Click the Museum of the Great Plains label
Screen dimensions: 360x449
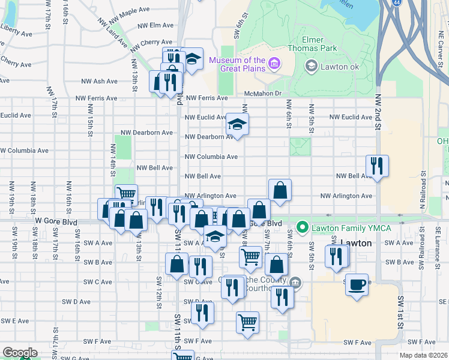[x=237, y=64]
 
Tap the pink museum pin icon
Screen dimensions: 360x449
[x=274, y=63]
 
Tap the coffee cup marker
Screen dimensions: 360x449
[x=357, y=284]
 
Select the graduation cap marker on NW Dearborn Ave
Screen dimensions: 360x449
[x=237, y=125]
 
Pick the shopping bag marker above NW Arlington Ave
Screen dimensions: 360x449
[x=280, y=190]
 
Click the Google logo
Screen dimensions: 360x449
[x=19, y=353]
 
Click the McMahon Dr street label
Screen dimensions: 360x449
[x=263, y=93]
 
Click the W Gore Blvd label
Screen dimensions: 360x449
[x=56, y=221]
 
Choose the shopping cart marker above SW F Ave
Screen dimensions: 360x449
[x=247, y=322]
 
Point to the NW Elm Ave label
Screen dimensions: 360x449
[x=155, y=26]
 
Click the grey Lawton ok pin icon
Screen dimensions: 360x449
[x=311, y=65]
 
